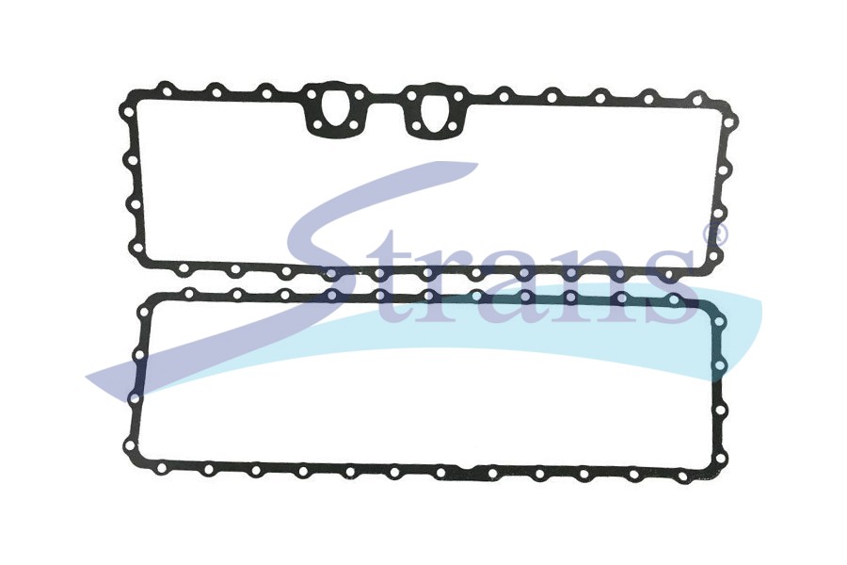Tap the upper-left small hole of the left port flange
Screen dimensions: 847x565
(312, 95)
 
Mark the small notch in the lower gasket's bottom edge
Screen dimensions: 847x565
(466, 467)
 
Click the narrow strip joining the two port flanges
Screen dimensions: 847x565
(384, 98)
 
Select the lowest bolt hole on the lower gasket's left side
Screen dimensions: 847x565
(129, 445)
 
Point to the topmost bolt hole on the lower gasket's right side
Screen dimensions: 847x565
(721, 324)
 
